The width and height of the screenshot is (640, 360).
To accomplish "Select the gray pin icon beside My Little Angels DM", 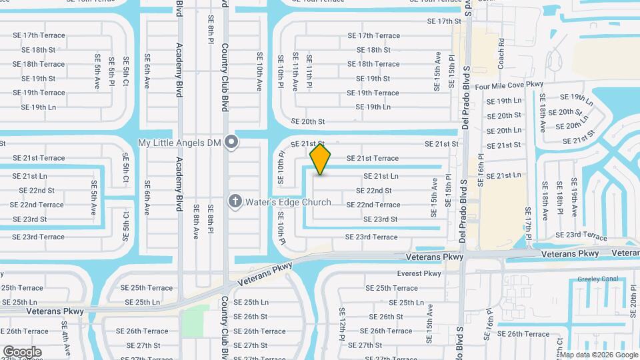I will (231, 142).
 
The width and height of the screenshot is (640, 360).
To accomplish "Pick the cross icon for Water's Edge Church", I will (234, 201).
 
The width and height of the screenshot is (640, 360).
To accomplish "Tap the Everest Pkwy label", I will (419, 273).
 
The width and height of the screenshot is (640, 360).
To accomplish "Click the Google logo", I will (22, 351).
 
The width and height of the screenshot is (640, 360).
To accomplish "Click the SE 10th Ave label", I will (260, 73).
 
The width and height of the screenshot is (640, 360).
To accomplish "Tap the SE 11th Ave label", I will (295, 72).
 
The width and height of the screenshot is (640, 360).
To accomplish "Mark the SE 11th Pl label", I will (309, 71).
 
